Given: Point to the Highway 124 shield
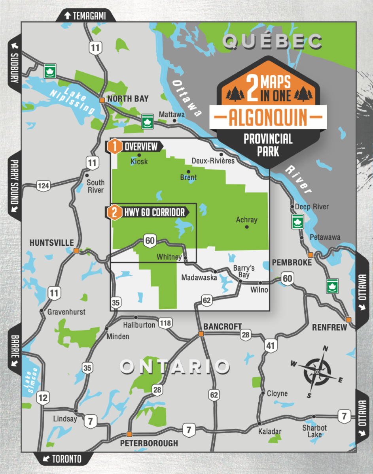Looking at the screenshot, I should tap(43, 184).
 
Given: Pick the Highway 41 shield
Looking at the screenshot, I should tap(270, 346).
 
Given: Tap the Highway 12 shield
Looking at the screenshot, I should tap(43, 398).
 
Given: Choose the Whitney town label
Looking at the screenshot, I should tap(169, 257).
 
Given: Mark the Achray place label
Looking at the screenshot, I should tap(246, 220).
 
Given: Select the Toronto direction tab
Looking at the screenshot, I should tap(63, 459).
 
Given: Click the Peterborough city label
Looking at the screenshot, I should tap(149, 443).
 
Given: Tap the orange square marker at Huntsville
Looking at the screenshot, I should tap(76, 250).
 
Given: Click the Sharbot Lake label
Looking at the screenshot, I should tap(314, 431).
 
